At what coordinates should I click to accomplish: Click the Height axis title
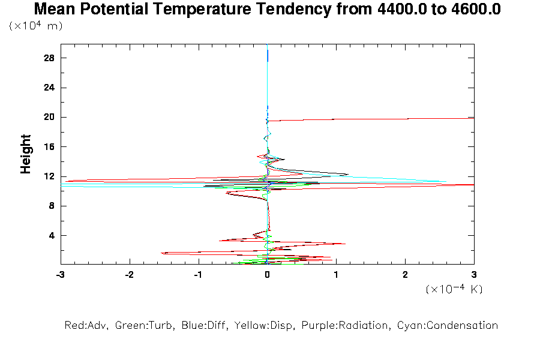(x=26, y=154)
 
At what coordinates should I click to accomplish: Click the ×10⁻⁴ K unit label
(x=454, y=289)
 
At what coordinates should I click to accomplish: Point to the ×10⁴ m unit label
(x=36, y=26)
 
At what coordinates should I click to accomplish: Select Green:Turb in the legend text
(x=139, y=326)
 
